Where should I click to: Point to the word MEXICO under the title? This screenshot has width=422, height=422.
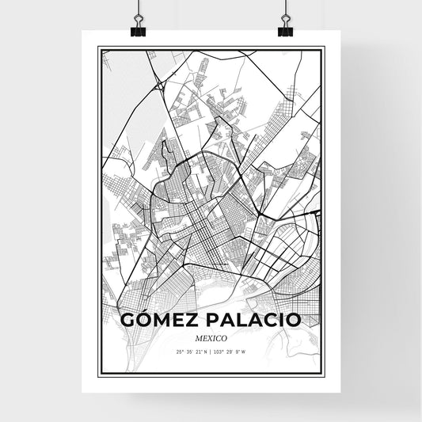click(211, 338)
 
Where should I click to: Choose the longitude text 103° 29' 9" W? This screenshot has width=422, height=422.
click(234, 352)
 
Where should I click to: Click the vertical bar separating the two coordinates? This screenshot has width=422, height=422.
click(211, 352)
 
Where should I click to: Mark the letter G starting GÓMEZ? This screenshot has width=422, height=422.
click(131, 320)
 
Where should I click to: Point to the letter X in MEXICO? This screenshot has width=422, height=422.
click(208, 338)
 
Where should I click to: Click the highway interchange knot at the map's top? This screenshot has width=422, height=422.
click(161, 84)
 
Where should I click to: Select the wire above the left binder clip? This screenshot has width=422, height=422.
click(137, 8)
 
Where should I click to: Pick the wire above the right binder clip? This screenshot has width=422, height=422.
click(285, 8)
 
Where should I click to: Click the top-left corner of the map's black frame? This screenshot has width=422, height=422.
click(98, 48)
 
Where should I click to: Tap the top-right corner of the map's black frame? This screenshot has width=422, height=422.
click(324, 48)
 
